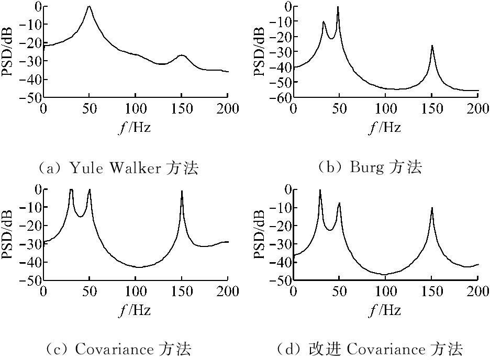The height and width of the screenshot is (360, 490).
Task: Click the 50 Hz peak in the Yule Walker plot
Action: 89,7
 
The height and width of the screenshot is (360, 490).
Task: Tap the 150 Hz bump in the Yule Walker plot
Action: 182,55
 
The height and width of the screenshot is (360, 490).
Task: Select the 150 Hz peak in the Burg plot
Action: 432,46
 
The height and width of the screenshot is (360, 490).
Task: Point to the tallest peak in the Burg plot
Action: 338,7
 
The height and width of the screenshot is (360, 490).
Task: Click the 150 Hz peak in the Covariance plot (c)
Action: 182,191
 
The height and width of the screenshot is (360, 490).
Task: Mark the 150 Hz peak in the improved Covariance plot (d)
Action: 432,208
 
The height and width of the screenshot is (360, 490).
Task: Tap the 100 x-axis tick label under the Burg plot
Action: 385,109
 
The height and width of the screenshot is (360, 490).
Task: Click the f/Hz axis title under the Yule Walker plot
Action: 135,127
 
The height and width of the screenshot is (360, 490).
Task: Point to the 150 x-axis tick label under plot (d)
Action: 432,291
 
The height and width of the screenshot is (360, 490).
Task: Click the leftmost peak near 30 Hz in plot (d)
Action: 320,191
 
